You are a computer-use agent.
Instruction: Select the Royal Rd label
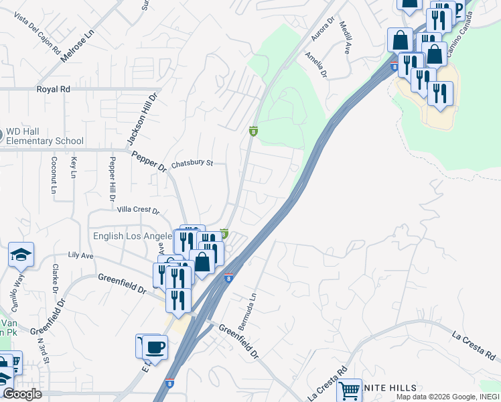(53, 89)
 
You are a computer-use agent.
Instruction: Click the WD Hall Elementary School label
(44, 136)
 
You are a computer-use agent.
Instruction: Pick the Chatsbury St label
(192, 163)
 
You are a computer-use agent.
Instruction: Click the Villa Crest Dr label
(139, 210)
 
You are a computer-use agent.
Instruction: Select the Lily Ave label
(80, 256)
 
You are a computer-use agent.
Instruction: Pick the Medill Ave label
(345, 38)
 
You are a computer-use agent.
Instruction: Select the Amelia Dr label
(315, 66)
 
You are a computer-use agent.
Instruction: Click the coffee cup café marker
(155, 347)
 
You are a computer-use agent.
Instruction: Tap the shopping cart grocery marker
(349, 390)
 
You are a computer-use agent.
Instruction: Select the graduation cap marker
(21, 255)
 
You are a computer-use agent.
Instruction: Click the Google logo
(22, 394)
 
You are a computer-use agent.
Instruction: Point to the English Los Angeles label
(133, 237)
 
